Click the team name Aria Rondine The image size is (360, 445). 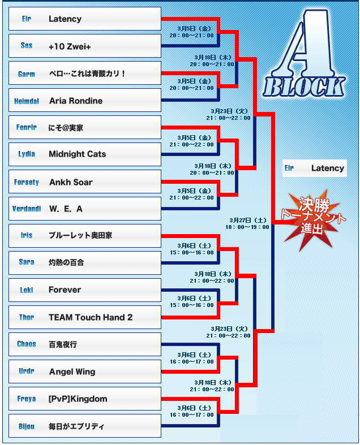(x=75, y=101)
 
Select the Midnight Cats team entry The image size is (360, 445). (x=77, y=154)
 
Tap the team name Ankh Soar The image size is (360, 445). (x=70, y=182)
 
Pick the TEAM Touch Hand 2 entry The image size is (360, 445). (x=91, y=317)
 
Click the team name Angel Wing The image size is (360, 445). (x=72, y=371)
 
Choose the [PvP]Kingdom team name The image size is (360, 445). (x=78, y=399)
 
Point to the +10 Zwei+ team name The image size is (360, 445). (x=70, y=46)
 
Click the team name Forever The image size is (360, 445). (x=65, y=290)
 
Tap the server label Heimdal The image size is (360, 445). (x=27, y=101)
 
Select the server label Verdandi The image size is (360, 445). (x=27, y=209)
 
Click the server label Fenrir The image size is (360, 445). (x=27, y=128)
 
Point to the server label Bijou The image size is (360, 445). (x=27, y=426)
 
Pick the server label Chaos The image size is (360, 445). (x=27, y=344)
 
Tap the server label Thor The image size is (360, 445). (x=27, y=317)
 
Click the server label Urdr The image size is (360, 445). (x=27, y=371)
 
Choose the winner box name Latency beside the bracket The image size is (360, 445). (x=327, y=168)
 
